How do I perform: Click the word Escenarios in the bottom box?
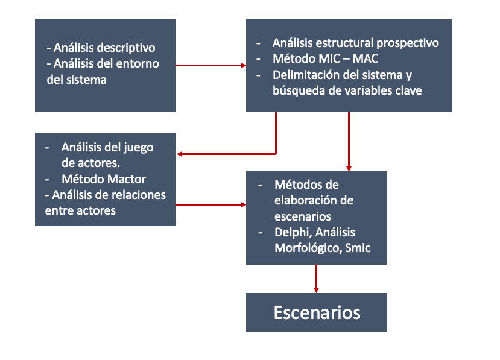click(317, 312)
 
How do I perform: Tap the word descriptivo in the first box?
click(130, 48)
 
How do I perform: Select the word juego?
click(138, 148)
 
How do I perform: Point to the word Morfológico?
click(308, 248)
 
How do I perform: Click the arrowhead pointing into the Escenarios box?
click(316, 290)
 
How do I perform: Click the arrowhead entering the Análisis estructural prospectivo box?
click(244, 65)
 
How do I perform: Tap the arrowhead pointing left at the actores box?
click(180, 154)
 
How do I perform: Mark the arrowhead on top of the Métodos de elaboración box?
click(349, 169)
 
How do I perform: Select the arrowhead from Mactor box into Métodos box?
click(244, 204)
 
